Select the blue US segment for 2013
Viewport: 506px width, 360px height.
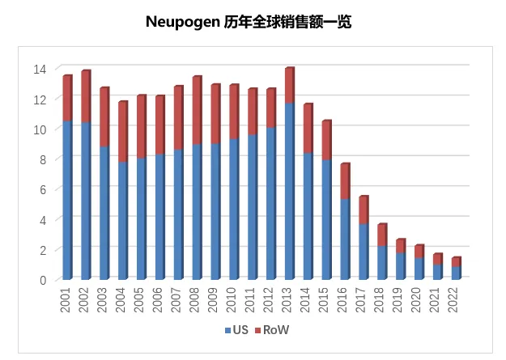[x=289, y=191]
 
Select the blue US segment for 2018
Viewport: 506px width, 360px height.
[x=381, y=262]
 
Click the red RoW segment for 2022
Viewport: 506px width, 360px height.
[x=455, y=262]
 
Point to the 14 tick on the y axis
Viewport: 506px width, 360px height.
[x=40, y=69]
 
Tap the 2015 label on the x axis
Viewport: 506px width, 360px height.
[x=327, y=300]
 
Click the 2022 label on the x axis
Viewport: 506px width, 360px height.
[x=457, y=300]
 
